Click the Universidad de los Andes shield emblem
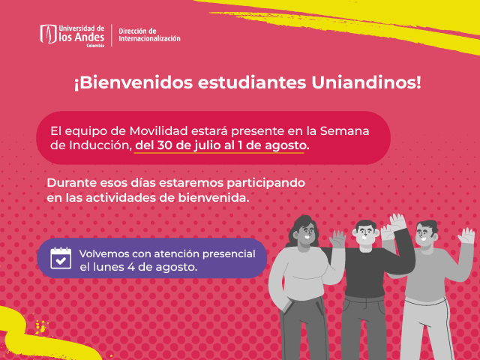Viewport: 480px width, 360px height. tap(48, 34)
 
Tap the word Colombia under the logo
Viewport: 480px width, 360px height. tap(95, 46)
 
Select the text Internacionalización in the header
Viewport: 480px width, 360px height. tap(149, 38)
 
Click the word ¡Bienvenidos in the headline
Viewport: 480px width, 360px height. tap(133, 83)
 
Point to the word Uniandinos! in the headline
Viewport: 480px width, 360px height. tap(366, 82)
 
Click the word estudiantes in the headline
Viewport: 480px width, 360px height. tap(252, 83)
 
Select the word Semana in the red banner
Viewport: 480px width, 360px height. tap(345, 131)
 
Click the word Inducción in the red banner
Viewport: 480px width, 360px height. tap(100, 145)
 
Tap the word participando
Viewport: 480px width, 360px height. tap(265, 183)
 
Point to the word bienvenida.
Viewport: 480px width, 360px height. tap(213, 198)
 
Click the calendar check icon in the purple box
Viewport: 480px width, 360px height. tap(61, 258)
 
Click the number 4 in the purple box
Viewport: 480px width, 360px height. tap(131, 267)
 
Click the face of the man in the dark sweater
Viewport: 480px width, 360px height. tap(365, 235)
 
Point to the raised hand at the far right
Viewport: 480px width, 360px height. tap(466, 235)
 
